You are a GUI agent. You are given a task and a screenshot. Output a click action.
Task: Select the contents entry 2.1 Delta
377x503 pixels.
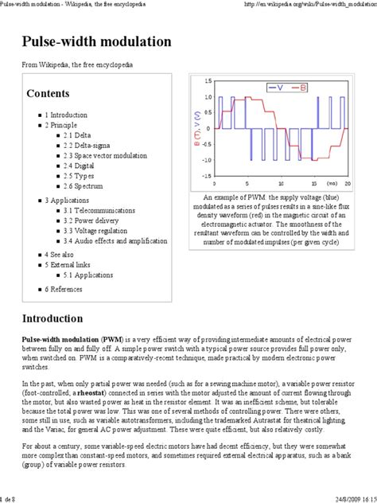tap(79, 135)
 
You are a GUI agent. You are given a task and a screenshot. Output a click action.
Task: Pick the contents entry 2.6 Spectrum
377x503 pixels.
tap(86, 186)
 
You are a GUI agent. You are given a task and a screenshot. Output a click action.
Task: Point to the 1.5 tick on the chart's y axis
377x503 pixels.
tap(207, 81)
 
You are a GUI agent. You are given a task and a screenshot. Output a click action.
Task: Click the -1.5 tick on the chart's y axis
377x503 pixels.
tap(205, 176)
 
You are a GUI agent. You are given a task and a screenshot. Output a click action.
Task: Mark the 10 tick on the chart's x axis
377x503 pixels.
tap(286, 183)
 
